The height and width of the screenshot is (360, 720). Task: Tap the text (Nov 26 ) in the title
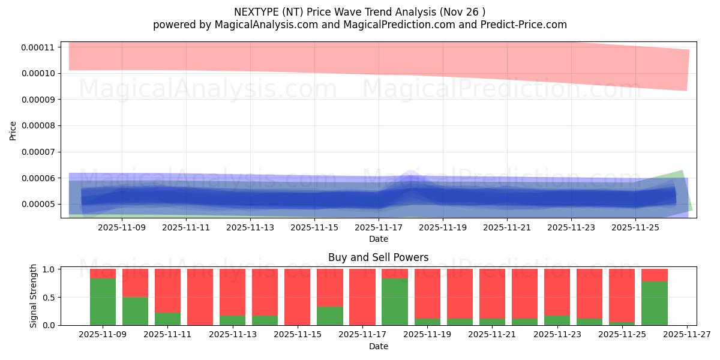click(463, 11)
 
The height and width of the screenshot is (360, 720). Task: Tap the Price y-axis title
click(13, 130)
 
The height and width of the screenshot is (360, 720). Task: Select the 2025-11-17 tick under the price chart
click(379, 228)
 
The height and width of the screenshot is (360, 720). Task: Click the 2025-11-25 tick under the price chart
click(635, 228)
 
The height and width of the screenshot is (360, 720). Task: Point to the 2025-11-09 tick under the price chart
click(122, 228)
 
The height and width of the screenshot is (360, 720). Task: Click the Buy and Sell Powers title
click(378, 257)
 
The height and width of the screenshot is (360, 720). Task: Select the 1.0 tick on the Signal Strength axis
click(50, 269)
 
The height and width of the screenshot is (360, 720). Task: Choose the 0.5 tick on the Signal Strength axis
click(50, 298)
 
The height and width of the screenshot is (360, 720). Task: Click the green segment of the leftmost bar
click(103, 302)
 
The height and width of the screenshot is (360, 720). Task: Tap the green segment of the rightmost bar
click(654, 303)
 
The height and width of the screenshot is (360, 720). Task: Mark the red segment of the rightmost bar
click(654, 275)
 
